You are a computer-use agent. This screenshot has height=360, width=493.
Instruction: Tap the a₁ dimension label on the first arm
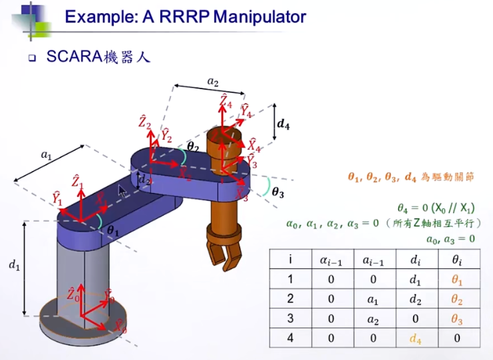point(46,155)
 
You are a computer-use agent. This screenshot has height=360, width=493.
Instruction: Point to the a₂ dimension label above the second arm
point(213,81)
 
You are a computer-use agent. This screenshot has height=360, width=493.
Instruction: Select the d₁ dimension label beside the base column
point(13,264)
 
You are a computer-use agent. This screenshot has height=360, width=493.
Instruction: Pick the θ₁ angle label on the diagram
point(113,231)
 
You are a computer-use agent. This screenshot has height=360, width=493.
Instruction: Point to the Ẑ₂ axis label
point(144,122)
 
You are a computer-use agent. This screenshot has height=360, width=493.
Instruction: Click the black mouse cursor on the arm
point(122,191)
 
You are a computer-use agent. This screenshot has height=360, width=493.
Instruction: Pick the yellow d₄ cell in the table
point(416,339)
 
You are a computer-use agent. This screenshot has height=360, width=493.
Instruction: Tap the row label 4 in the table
point(289,339)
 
